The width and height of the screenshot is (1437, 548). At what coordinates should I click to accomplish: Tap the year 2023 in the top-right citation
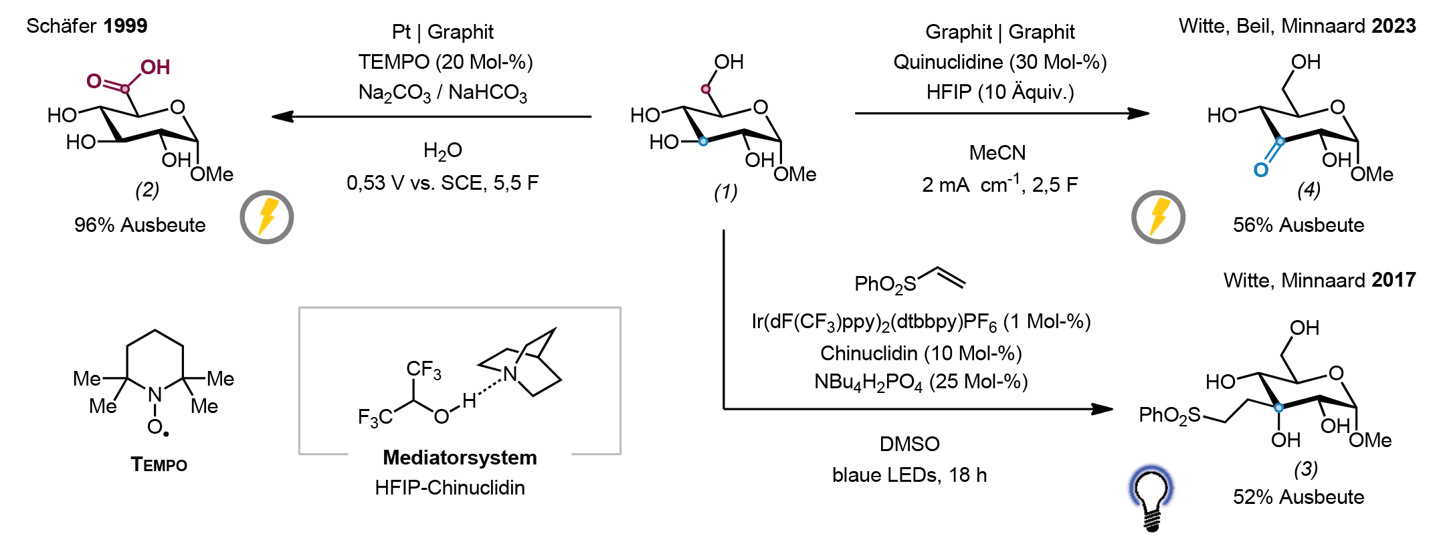coord(1394,26)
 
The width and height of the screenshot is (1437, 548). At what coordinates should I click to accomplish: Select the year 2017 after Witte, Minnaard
coord(1394,280)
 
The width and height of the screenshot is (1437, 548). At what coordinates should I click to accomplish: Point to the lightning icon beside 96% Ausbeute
coord(267,217)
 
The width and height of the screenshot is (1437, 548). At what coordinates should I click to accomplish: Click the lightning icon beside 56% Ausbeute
coord(1158,217)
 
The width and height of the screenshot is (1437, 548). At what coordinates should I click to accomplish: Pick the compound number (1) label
coord(725,192)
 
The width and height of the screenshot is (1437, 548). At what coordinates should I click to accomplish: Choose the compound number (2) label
coord(147,190)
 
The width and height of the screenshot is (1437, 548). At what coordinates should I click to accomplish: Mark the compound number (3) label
coord(1305,469)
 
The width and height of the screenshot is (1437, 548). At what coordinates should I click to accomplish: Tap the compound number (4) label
coord(1309,190)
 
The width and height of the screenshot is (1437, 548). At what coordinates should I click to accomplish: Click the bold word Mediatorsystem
coord(460,457)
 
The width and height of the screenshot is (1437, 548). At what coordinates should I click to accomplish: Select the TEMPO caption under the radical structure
coord(159,464)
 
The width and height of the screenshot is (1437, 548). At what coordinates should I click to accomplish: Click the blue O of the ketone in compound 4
coord(1260,170)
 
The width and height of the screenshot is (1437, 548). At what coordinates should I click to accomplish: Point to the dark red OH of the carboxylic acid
coord(155,67)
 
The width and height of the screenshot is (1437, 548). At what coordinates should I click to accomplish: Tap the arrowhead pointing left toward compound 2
coord(282,116)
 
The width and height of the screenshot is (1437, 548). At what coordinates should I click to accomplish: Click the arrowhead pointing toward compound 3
coord(1102,408)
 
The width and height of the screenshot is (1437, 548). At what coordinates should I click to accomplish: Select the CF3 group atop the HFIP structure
coord(423,370)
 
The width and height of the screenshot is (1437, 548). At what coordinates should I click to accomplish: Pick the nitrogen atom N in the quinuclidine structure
coord(510,374)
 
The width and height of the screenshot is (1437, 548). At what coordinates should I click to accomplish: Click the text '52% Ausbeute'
coord(1299,497)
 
